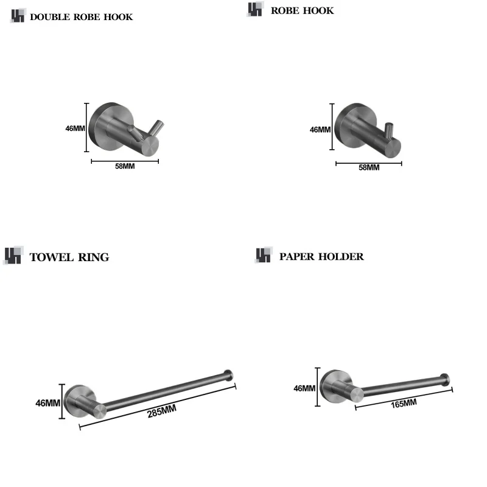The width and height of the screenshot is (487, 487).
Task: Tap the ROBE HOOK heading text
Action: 302,10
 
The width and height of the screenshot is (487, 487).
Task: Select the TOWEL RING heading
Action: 69,258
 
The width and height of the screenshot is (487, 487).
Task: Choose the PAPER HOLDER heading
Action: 321,256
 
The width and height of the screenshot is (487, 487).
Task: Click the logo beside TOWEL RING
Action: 13,256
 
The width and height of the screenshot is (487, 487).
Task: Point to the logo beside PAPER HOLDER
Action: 263,256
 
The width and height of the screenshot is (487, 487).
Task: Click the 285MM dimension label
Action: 161,412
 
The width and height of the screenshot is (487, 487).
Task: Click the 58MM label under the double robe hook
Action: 125,167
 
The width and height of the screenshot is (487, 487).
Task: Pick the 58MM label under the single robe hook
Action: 368,167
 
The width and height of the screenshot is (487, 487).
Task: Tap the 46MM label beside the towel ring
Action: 48,403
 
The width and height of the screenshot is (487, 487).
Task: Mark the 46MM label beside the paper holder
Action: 304,388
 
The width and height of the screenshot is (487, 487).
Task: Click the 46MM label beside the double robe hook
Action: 75,128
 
